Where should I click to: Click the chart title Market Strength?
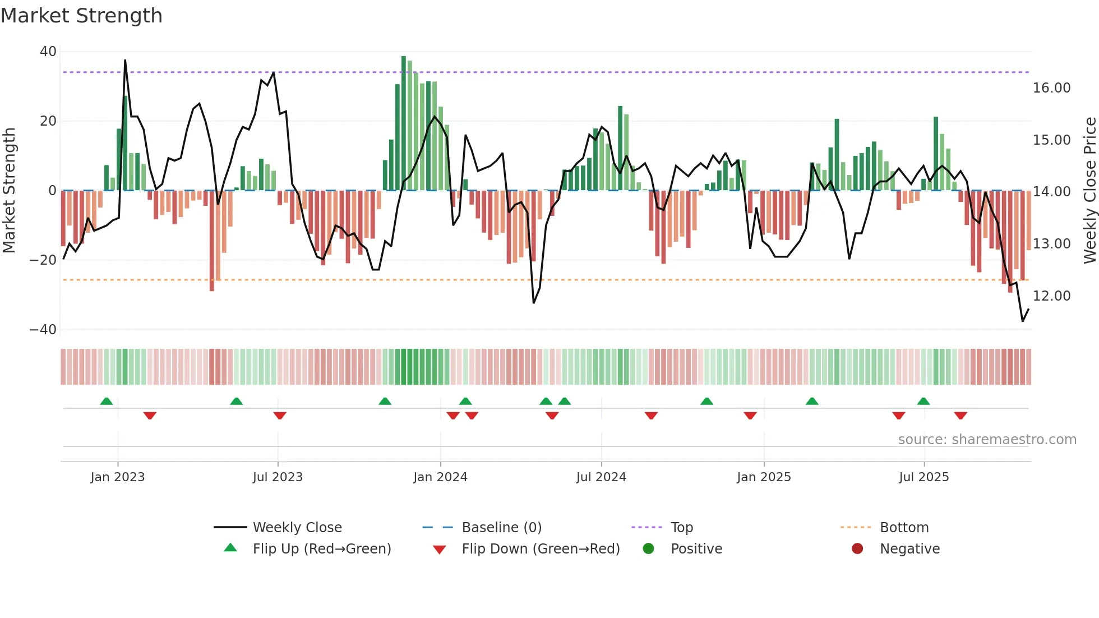coord(81,16)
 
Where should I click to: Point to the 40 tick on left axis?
coord(48,52)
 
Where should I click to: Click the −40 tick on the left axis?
coord(43,330)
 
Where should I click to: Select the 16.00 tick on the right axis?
coord(1051,88)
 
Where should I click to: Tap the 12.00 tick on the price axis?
coord(1051,296)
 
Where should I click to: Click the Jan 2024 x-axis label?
coord(440,477)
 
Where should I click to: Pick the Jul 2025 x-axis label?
coord(923,477)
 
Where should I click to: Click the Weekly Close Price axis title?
coord(1089,191)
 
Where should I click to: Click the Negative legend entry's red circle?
coord(857,549)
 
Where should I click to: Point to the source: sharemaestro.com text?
coord(987,440)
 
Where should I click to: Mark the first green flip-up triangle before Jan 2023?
coord(107,401)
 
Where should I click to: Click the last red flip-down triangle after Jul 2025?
coord(961,416)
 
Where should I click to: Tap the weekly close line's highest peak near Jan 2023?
coord(125,61)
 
